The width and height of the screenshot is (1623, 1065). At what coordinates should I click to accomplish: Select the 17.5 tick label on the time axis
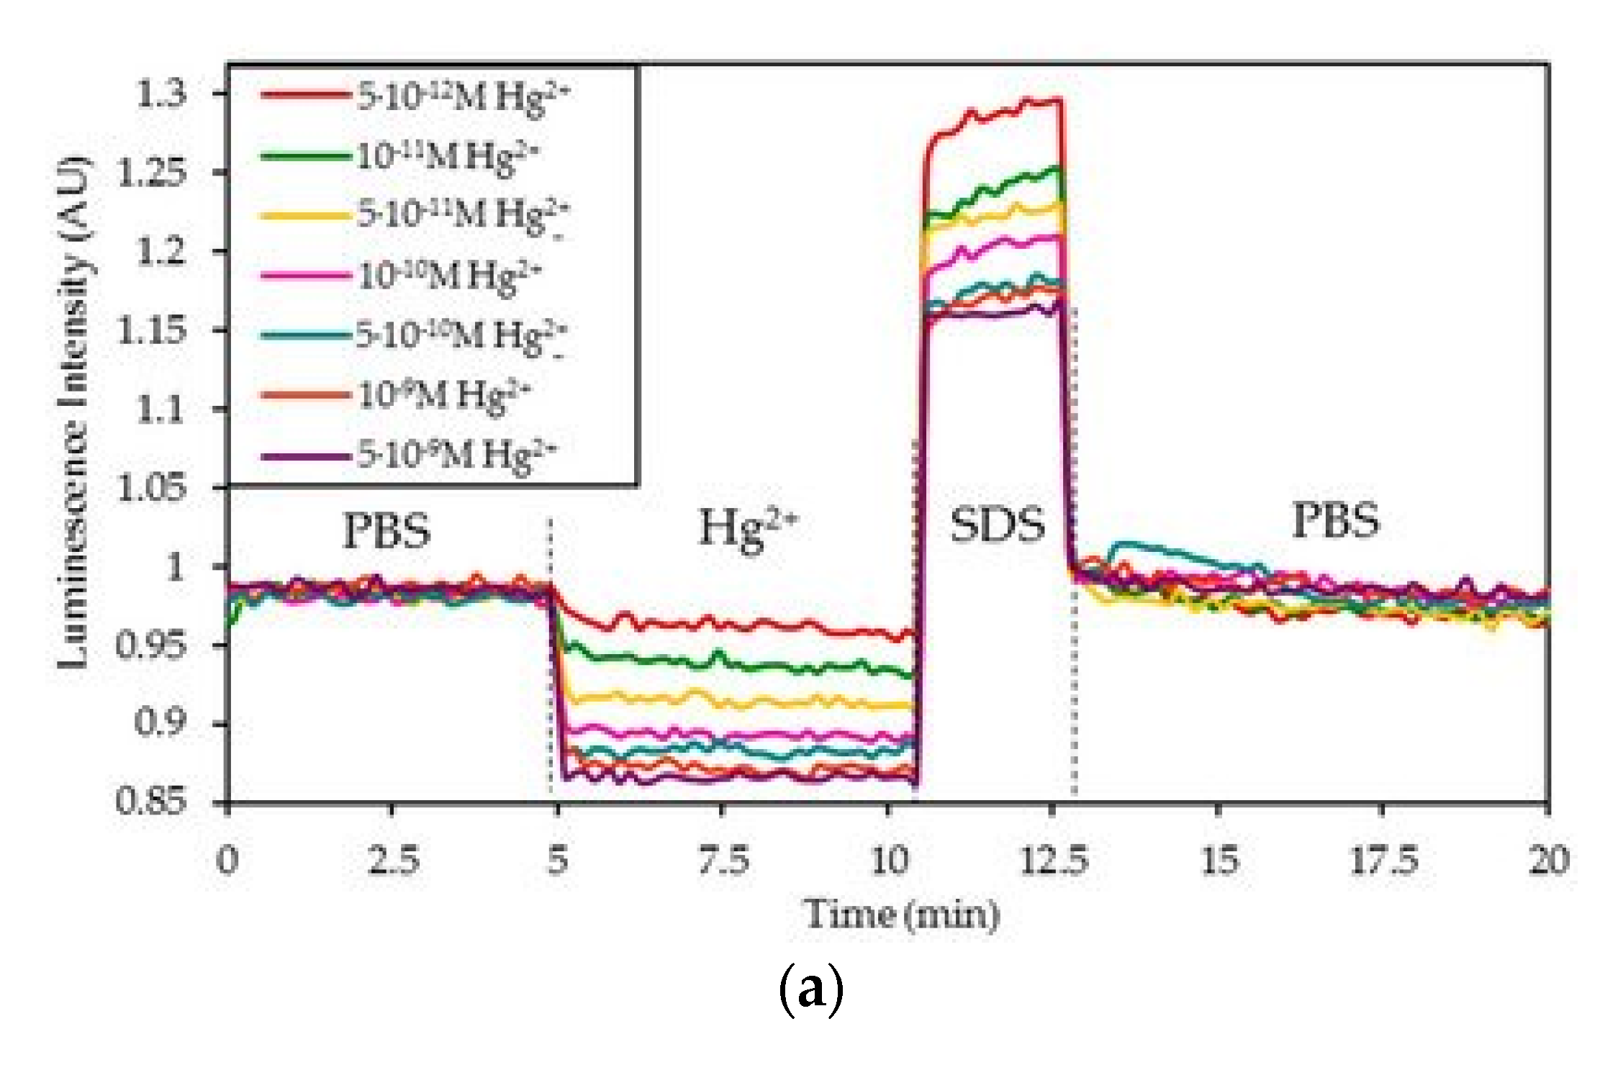point(1383,860)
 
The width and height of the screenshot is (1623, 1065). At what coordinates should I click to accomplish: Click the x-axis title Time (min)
point(901,915)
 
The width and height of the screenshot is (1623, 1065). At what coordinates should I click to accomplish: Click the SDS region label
point(997,525)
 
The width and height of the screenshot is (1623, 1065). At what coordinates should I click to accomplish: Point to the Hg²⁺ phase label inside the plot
point(749,529)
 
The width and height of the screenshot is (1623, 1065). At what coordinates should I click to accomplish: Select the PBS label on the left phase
point(386,531)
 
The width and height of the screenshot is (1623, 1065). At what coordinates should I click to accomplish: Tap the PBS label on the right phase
point(1336,520)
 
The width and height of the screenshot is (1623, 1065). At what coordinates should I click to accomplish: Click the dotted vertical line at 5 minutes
point(551,648)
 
